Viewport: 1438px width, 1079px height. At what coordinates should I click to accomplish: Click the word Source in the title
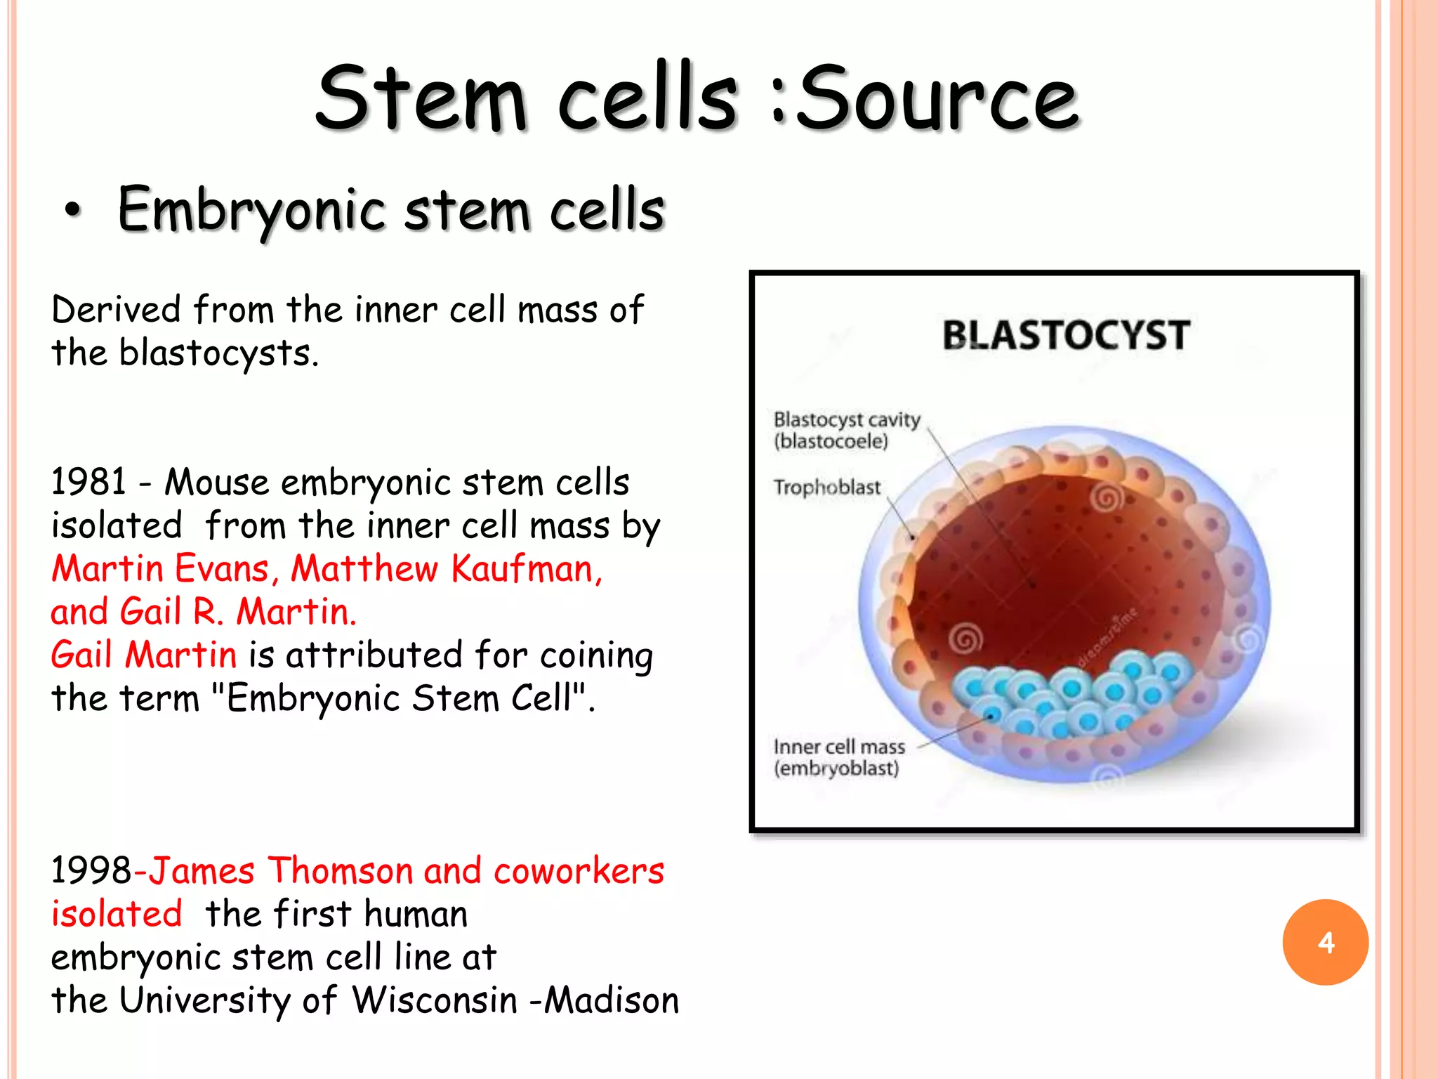(937, 98)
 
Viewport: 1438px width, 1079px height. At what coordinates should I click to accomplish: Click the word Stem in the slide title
(421, 98)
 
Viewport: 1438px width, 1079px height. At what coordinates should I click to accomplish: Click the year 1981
(88, 483)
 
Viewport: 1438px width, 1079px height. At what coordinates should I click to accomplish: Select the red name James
(202, 871)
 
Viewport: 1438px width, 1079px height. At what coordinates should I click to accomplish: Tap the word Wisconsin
(434, 1000)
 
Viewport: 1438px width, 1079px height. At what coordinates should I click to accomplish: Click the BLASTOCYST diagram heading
(1065, 335)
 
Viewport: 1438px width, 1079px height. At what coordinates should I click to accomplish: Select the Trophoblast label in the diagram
(826, 487)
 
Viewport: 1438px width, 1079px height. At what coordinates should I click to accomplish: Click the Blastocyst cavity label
(846, 420)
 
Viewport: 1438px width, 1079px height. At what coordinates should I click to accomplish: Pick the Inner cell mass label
(839, 746)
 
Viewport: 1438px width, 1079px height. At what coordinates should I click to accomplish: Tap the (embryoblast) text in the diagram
(836, 769)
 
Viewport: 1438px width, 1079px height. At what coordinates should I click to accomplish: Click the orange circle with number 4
(1325, 942)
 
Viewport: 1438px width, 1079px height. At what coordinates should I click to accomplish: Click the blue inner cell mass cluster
(1071, 695)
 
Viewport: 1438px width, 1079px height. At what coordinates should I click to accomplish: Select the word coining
(596, 655)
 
